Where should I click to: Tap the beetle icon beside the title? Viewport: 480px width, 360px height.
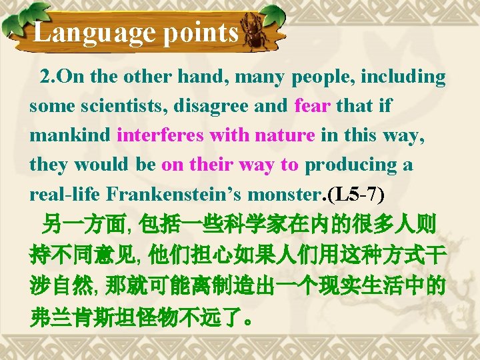256,34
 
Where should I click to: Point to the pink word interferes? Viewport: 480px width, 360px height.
160,135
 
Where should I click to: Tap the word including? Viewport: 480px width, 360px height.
403,77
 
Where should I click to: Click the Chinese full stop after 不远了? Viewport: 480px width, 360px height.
248,317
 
